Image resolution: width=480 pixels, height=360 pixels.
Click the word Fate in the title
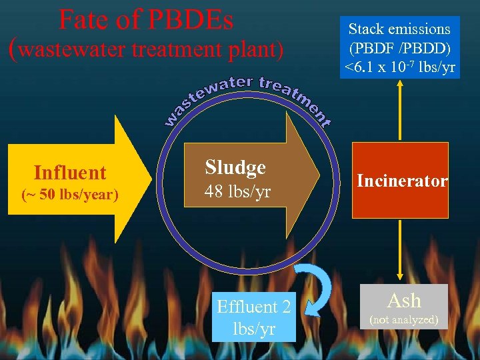83,20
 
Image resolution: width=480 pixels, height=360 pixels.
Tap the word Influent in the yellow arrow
70,173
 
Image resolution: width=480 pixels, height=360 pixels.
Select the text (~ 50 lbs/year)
70,195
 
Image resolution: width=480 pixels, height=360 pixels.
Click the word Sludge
235,167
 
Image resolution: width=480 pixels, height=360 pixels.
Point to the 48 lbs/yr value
237,193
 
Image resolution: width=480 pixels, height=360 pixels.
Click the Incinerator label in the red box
402,181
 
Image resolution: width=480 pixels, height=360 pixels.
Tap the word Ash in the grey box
404,300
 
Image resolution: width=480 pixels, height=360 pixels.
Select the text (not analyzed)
404,320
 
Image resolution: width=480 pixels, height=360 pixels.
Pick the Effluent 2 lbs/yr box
254,317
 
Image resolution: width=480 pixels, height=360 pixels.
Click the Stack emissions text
399,29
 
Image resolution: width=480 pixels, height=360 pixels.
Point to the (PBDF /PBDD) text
399,48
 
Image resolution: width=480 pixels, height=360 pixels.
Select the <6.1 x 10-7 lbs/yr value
399,67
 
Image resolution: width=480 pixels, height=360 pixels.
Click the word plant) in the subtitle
257,49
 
